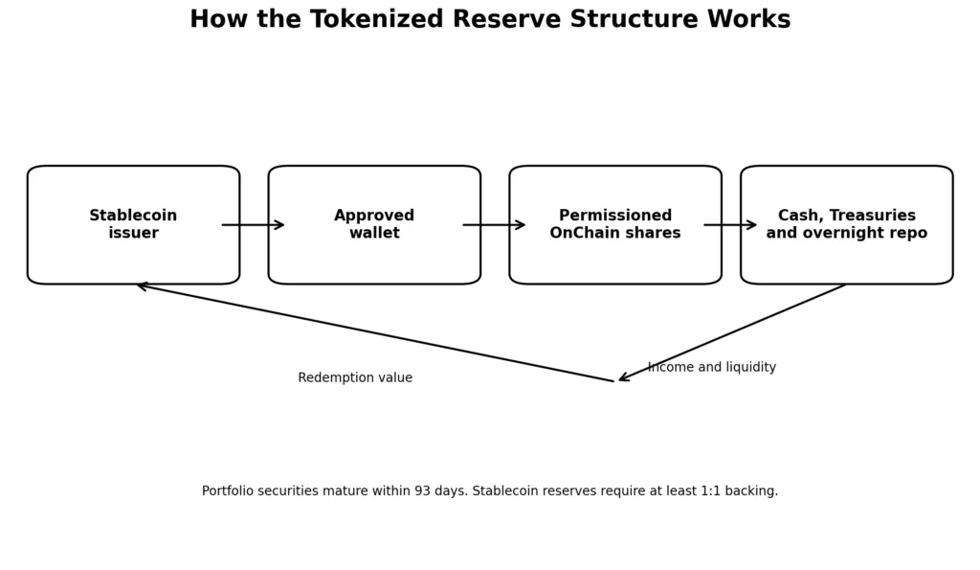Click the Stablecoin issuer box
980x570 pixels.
pyautogui.click(x=133, y=224)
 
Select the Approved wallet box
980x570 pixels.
pyautogui.click(x=374, y=224)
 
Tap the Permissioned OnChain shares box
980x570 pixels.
pyautogui.click(x=615, y=224)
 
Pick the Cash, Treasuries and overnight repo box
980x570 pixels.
pyautogui.click(x=847, y=224)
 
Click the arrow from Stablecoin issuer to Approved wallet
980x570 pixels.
pyautogui.click(x=253, y=225)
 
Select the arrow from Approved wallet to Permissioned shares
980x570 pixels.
pyautogui.click(x=495, y=225)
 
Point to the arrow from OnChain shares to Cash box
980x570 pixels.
pyautogui.click(x=730, y=225)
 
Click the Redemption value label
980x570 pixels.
pyautogui.click(x=355, y=377)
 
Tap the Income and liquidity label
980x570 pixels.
pyautogui.click(x=712, y=367)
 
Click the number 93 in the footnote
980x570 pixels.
pyautogui.click(x=422, y=491)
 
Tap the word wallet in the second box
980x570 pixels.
pyautogui.click(x=374, y=233)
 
